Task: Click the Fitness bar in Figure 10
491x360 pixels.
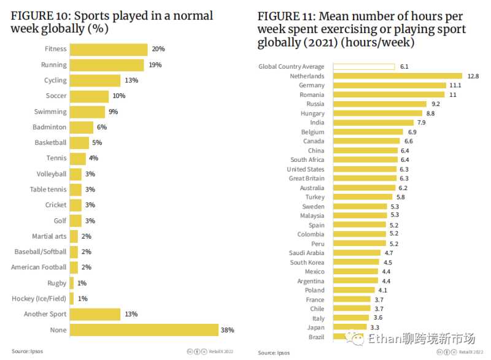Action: (x=109, y=50)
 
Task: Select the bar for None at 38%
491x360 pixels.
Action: (x=144, y=330)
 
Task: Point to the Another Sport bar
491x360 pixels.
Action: (x=95, y=314)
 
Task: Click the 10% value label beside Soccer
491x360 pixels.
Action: (x=119, y=96)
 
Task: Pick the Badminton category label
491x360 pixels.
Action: (x=50, y=127)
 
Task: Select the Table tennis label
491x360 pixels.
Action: (x=48, y=190)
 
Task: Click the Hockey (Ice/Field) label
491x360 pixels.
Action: (x=39, y=299)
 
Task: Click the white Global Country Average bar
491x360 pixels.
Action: (x=363, y=67)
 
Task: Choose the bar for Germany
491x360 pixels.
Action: (x=389, y=85)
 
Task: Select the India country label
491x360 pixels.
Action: (x=317, y=123)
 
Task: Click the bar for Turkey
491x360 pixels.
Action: (x=362, y=197)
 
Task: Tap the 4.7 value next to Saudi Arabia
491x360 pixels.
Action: (x=389, y=253)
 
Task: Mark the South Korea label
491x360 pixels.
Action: (x=307, y=262)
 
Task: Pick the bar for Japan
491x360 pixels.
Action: (x=350, y=327)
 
